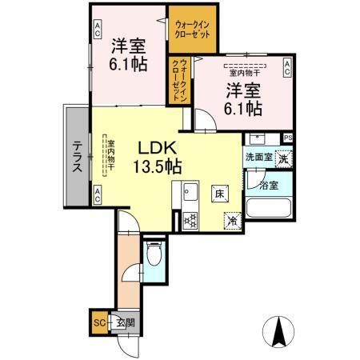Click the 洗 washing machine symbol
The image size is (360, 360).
point(283,158)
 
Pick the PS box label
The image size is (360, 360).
point(287,138)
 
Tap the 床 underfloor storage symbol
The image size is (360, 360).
point(218,193)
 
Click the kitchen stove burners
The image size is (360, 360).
point(190,219)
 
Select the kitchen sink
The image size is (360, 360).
point(191,193)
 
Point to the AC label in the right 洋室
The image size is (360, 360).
point(286,70)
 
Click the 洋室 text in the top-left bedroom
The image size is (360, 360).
point(127,46)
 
